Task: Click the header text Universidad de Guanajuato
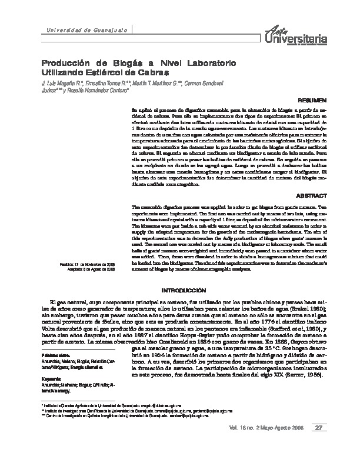click(77, 29)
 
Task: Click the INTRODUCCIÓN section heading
click(184, 291)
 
